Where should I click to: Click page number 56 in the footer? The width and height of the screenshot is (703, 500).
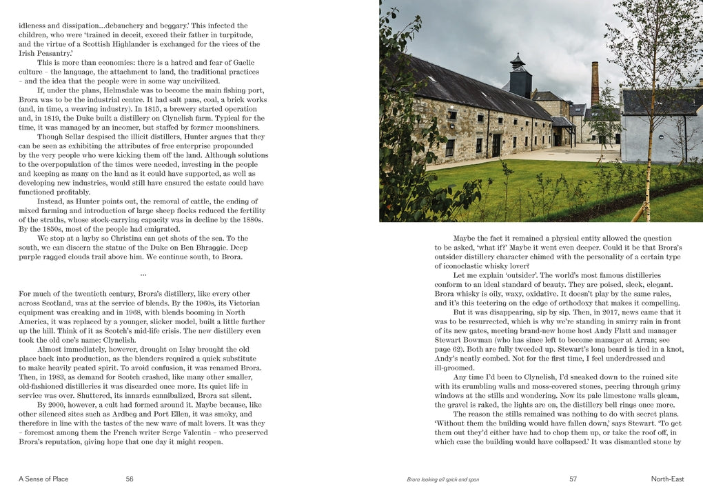[130, 479]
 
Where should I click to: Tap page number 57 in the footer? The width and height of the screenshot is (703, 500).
[573, 479]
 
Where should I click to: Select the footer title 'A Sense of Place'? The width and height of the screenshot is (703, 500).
[43, 479]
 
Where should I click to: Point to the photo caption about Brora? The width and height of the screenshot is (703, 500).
[442, 479]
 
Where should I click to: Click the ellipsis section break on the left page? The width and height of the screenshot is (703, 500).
[143, 274]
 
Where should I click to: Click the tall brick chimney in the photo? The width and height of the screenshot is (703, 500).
[595, 83]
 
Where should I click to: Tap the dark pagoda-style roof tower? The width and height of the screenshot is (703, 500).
[520, 77]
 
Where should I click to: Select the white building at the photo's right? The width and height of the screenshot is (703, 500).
[659, 128]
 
